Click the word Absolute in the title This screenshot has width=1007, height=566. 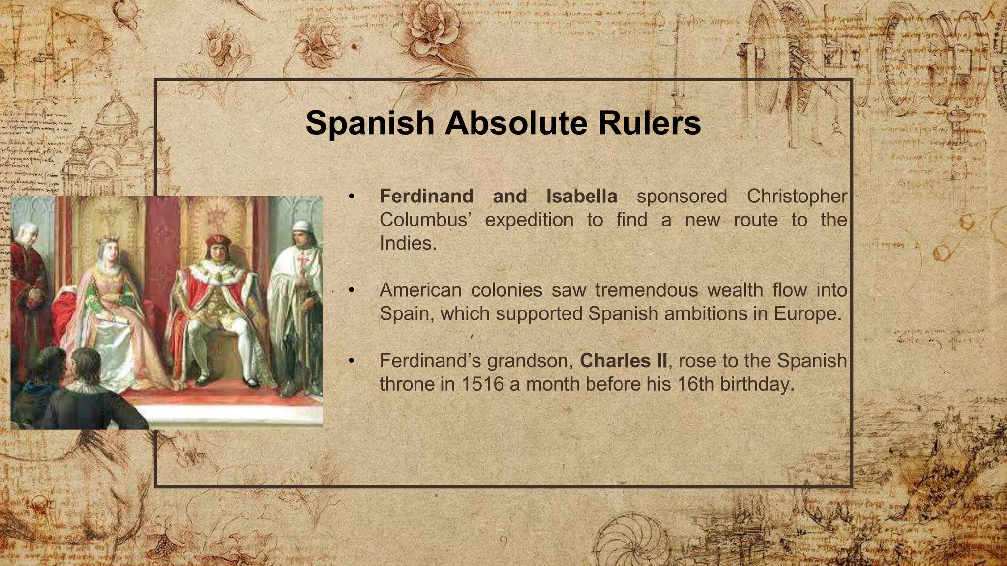click(x=516, y=123)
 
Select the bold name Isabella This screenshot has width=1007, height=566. click(x=582, y=197)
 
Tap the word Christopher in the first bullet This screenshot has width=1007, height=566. click(x=797, y=197)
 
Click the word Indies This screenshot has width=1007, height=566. click(x=408, y=243)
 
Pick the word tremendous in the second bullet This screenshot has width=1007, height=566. click(x=646, y=290)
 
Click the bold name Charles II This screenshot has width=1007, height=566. click(x=623, y=361)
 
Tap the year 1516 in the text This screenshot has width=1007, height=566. click(x=482, y=384)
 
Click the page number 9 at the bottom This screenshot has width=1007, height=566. click(x=503, y=541)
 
